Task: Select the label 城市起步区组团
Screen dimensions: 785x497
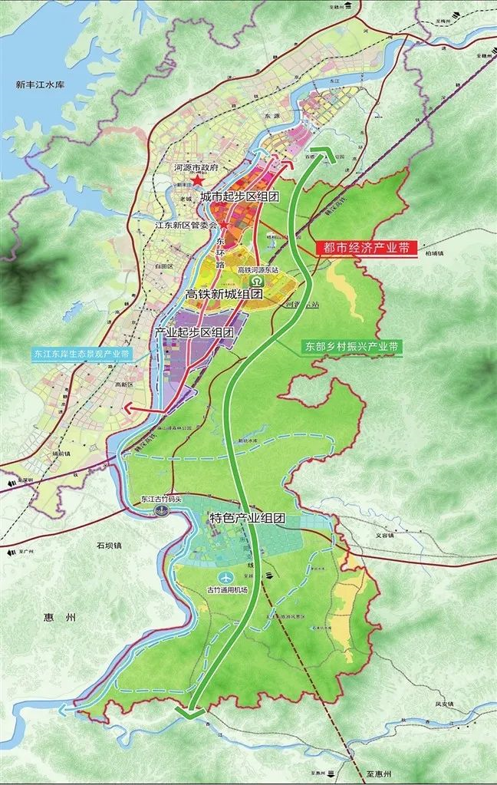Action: [239, 197]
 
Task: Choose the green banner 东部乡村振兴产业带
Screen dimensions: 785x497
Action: [350, 347]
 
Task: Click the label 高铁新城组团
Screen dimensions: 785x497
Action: [225, 294]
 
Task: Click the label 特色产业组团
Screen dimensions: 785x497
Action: [247, 519]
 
